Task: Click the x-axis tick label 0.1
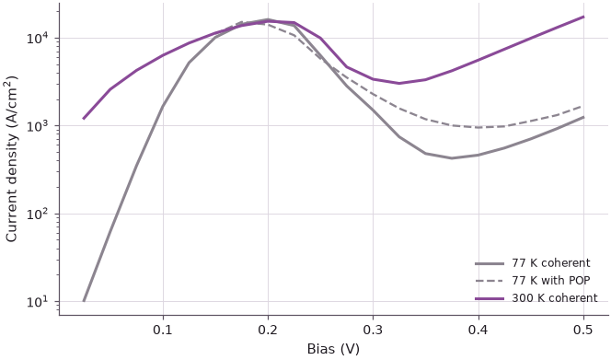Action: (x=163, y=330)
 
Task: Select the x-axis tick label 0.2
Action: (x=268, y=330)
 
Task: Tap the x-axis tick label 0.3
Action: (x=373, y=330)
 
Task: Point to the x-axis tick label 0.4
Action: (x=478, y=330)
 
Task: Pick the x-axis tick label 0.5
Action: (x=583, y=330)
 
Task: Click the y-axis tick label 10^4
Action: (x=37, y=38)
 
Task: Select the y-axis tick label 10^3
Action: (x=37, y=125)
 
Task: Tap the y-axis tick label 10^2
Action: (x=37, y=214)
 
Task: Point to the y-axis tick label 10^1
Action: (x=37, y=301)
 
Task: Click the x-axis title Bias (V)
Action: (x=333, y=349)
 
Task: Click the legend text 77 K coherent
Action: (x=551, y=263)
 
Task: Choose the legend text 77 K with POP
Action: (x=551, y=281)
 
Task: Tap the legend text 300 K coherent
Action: (x=555, y=298)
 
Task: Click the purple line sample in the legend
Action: (x=490, y=298)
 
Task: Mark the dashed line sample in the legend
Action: (x=490, y=281)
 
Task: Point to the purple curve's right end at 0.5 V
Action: (x=583, y=17)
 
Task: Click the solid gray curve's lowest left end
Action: (x=84, y=301)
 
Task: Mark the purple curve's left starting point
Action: (x=84, y=118)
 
